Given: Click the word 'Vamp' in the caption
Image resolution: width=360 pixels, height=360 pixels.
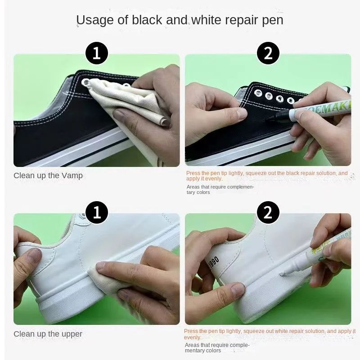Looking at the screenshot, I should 72,175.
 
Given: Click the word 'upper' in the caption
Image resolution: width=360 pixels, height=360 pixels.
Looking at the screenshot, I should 72,334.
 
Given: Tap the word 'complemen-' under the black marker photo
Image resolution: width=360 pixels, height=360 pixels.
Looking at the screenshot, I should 238,186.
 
